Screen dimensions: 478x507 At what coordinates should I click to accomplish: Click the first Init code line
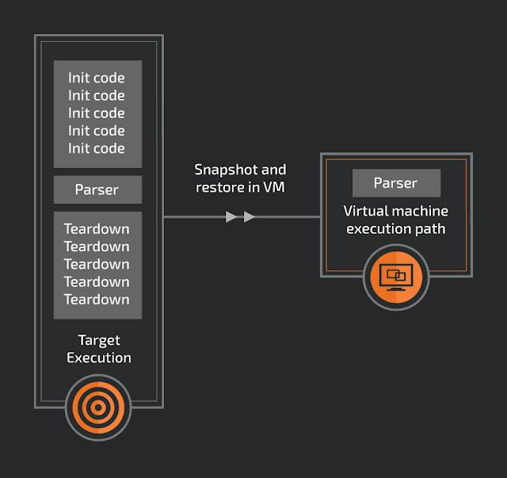coord(97,78)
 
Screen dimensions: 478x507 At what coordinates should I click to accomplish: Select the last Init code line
coord(97,148)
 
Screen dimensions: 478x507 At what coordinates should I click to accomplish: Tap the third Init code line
coord(97,113)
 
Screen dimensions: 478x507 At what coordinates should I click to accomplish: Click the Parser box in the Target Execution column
coord(97,189)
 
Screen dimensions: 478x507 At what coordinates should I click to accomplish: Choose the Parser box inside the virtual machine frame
coord(395,183)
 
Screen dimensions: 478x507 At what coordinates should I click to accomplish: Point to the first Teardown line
coord(97,229)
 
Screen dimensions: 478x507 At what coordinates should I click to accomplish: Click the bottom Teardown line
coord(97,299)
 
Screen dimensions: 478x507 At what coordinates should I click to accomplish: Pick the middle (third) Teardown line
coord(97,264)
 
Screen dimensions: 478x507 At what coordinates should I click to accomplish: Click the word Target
coord(98,340)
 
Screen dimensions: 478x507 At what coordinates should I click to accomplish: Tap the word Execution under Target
coord(98,358)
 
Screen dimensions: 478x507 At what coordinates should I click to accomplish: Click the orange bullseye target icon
coord(98,407)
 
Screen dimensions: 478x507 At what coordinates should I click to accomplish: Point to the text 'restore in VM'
coord(241,188)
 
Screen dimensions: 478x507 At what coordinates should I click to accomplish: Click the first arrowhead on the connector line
coord(231,216)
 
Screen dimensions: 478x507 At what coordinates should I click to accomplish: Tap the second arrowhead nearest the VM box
coord(250,216)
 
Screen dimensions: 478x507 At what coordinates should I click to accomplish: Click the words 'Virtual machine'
coord(395,212)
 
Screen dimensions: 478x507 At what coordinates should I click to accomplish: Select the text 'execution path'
coord(395,229)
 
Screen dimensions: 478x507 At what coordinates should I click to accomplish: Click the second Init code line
coord(97,95)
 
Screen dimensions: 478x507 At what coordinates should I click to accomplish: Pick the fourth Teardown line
coord(97,281)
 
